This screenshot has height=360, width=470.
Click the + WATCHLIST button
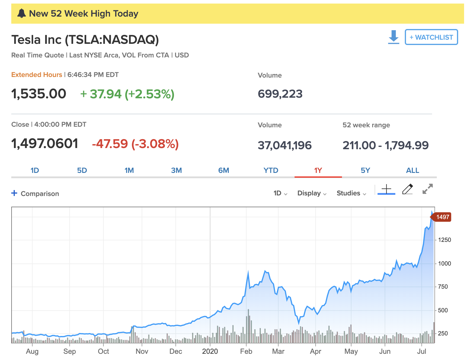point(431,37)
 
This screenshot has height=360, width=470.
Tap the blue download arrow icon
point(394,37)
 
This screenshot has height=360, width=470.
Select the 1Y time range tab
point(318,171)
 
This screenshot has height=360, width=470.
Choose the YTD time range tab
point(271,171)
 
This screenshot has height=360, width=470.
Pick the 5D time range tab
point(82,171)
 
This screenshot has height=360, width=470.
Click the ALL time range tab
point(413,171)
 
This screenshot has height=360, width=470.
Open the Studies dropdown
point(351,193)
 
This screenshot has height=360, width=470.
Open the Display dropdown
point(312,193)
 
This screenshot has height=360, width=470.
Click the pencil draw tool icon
point(407,189)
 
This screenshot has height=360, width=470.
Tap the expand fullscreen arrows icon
point(428,189)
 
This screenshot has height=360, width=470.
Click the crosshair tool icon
point(386,189)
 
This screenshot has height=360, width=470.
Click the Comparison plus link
point(35,194)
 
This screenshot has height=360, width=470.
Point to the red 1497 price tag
point(442,217)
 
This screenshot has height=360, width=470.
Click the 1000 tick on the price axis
point(445,263)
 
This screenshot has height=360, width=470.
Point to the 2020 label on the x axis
point(210,351)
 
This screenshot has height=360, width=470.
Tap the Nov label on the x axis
point(142,351)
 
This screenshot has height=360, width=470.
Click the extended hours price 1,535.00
point(39,94)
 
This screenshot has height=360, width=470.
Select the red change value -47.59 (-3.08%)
point(135,144)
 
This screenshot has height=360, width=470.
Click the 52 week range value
point(386,145)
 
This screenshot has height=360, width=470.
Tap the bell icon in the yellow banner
point(22,14)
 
